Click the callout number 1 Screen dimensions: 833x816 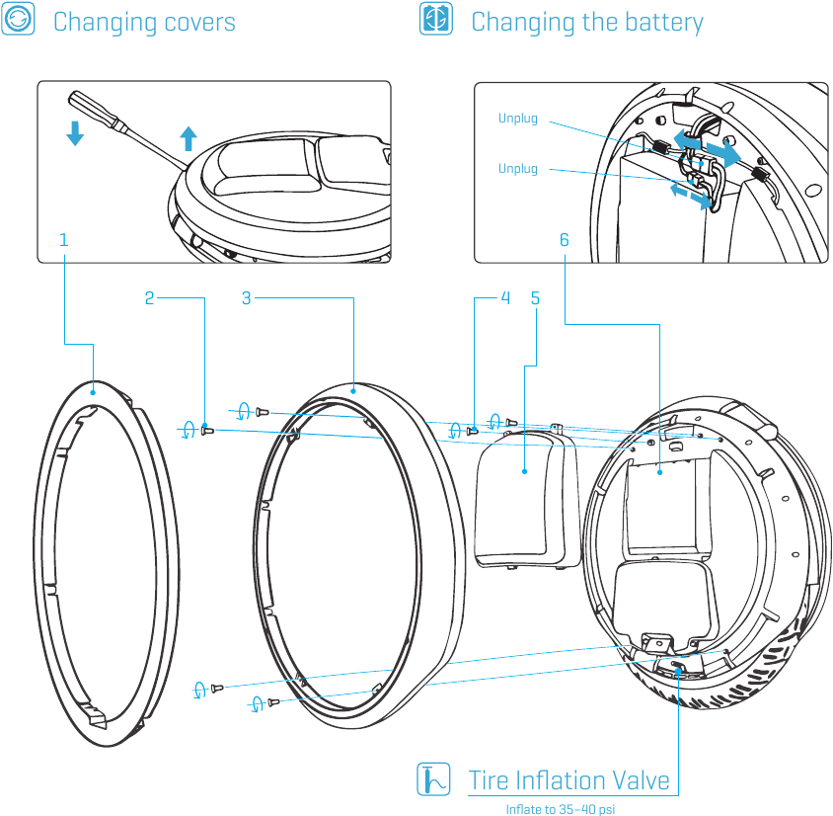[64, 240]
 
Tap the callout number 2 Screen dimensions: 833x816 [149, 297]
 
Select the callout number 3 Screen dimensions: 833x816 [246, 297]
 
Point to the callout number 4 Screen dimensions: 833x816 [505, 297]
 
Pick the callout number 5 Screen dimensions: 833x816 [535, 297]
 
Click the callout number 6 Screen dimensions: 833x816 [565, 240]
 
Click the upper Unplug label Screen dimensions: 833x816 [518, 119]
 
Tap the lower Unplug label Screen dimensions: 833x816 [518, 169]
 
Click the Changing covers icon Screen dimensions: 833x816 [18, 19]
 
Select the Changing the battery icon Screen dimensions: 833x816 [436, 19]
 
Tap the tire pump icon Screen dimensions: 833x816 [433, 778]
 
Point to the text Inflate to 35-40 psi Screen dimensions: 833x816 [561, 809]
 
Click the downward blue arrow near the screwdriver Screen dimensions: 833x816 [75, 133]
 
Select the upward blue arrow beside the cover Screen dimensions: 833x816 [189, 138]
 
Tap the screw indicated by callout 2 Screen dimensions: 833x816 [207, 430]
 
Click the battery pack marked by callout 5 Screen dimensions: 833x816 [526, 500]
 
